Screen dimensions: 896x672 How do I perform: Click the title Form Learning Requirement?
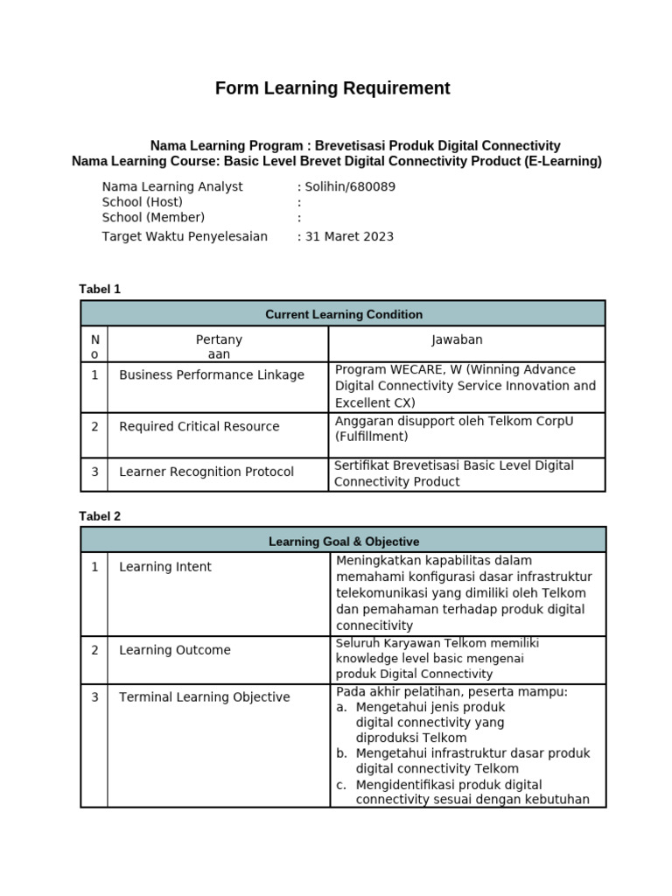pos(332,88)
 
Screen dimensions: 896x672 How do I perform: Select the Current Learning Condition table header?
pos(343,314)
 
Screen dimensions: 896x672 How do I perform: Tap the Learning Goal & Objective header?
pos(343,542)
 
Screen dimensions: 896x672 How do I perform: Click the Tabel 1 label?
pos(100,289)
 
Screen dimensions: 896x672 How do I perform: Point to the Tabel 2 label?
pos(100,516)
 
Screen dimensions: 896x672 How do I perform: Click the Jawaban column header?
pos(457,339)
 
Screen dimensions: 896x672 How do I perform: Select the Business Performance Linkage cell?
pos(212,375)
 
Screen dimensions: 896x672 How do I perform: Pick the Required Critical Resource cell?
pos(199,427)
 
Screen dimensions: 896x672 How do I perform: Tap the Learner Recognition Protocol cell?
pos(206,472)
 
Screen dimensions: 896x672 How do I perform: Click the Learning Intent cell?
pos(165,567)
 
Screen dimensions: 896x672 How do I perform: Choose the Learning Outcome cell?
pos(175,650)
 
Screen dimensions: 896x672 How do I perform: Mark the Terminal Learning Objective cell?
pos(204,697)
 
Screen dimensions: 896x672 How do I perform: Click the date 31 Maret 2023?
pos(349,236)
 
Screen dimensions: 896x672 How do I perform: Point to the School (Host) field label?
pos(143,202)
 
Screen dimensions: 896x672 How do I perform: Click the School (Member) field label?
pos(153,218)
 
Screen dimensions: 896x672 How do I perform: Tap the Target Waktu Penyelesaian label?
pos(185,236)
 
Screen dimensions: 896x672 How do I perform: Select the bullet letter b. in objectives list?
pos(342,753)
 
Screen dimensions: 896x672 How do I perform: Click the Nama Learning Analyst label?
pos(172,186)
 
